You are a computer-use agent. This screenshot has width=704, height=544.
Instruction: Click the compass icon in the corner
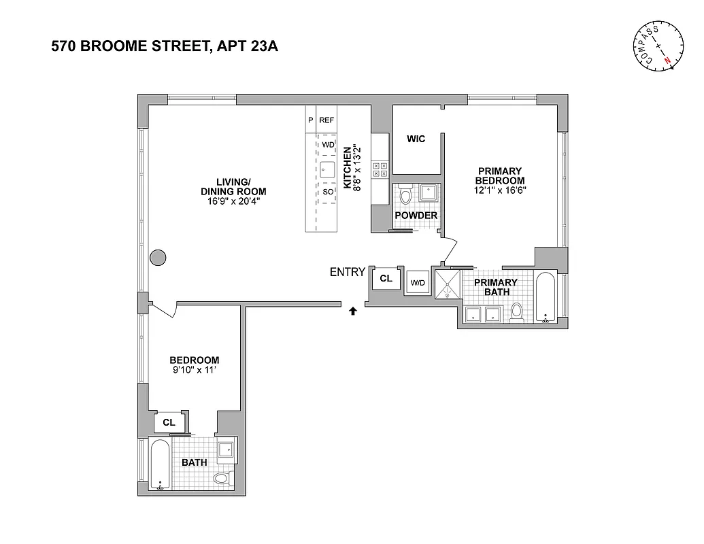[658, 46]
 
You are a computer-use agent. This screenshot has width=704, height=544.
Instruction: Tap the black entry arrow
[352, 311]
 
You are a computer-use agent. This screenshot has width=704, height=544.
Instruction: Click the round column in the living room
[157, 257]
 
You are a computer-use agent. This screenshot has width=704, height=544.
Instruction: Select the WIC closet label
[416, 139]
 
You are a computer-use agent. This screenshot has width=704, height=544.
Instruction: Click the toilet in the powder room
[406, 196]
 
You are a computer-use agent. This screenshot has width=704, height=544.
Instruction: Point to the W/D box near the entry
[417, 283]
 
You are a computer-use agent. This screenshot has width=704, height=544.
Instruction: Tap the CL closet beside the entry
[386, 278]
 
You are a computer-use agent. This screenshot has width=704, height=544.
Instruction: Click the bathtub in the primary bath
[546, 296]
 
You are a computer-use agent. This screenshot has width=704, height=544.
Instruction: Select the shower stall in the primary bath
[448, 285]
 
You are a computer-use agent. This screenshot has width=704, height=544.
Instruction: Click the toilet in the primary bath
[516, 311]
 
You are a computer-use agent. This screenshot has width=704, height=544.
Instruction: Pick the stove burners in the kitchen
[380, 169]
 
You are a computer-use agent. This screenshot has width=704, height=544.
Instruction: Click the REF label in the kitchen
[327, 120]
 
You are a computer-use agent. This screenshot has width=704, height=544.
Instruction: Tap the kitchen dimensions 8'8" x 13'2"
[352, 167]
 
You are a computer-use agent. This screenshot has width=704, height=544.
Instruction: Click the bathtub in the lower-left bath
[159, 464]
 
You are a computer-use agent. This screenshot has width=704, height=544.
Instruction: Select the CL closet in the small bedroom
[169, 422]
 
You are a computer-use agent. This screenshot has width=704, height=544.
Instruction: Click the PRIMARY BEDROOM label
[499, 176]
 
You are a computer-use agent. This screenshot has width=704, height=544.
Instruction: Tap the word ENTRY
[348, 272]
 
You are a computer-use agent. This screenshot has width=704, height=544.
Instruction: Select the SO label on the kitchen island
[328, 192]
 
